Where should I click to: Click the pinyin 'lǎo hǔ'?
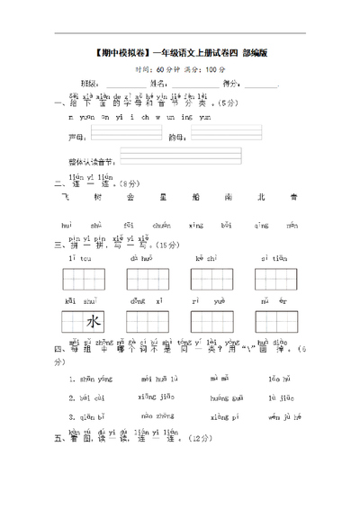[279, 379]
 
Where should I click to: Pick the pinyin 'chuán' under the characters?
[162, 225]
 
